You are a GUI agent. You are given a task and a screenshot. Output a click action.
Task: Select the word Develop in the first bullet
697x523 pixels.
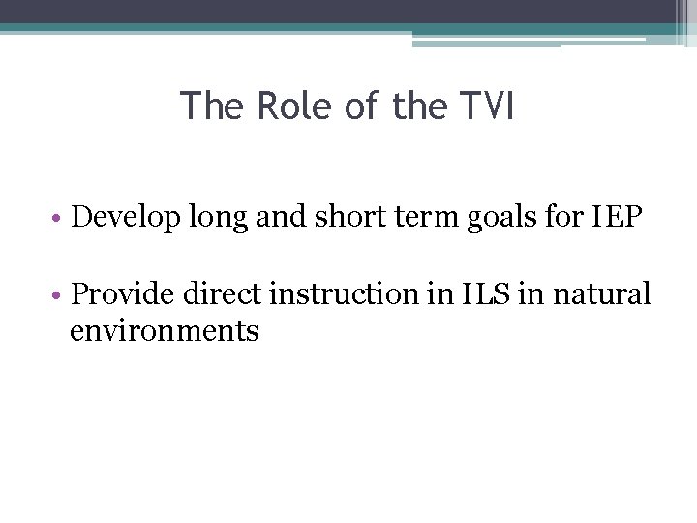(125, 218)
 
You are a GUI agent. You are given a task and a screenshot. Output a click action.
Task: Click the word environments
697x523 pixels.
(165, 332)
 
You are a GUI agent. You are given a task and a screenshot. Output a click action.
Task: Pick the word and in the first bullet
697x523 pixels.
(279, 218)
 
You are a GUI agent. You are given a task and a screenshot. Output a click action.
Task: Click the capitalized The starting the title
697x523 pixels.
(213, 107)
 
